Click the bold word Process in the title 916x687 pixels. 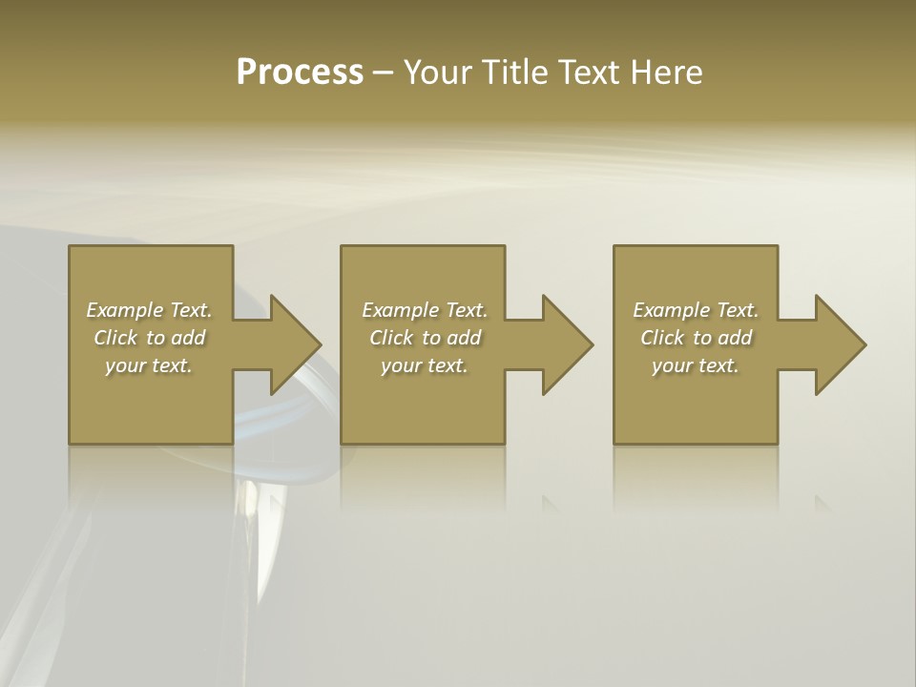pos(300,73)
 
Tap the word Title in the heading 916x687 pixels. pos(513,73)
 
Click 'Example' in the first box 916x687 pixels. pos(125,310)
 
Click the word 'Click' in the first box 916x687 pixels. pos(115,338)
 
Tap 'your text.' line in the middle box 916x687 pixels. pos(425,365)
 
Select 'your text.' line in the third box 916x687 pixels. pos(696,365)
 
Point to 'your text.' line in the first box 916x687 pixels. pos(149,365)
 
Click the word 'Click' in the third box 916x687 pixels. pos(662,338)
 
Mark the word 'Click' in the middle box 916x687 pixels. pos(391,338)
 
